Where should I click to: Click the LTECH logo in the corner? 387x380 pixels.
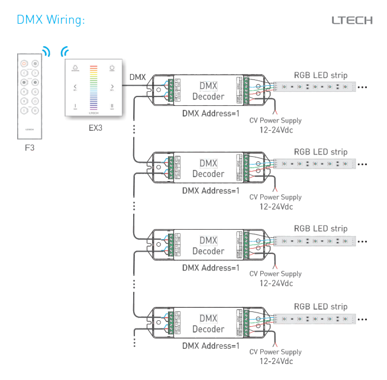(x=351, y=20)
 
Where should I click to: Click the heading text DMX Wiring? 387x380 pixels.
(x=51, y=20)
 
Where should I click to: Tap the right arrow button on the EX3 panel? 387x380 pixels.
(x=112, y=87)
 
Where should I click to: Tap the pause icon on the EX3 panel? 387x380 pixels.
(x=112, y=107)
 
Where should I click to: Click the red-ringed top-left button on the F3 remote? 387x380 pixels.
(x=24, y=63)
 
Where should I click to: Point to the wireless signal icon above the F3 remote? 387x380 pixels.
(x=45, y=50)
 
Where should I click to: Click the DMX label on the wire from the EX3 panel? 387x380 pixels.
(x=137, y=77)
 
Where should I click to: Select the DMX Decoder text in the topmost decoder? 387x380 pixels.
(x=208, y=91)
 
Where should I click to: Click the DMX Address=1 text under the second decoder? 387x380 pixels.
(x=210, y=191)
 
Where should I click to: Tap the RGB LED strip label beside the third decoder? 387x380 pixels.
(x=320, y=228)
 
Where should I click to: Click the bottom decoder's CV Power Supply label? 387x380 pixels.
(x=275, y=352)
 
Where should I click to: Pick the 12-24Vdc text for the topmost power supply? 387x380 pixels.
(x=276, y=130)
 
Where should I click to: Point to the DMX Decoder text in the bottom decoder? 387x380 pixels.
(x=208, y=324)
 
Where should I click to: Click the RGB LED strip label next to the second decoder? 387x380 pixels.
(x=320, y=152)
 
